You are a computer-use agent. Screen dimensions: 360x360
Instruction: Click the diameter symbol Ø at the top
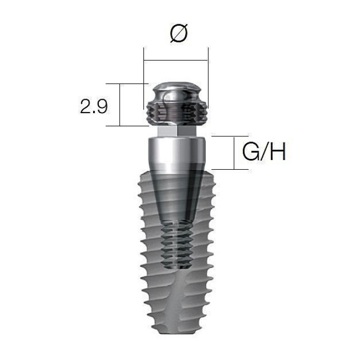178,33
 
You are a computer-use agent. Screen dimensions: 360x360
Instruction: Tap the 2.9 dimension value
94,106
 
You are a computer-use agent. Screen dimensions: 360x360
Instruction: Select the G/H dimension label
264,152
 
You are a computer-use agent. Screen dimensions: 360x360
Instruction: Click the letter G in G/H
250,152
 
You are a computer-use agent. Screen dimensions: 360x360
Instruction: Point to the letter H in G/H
278,152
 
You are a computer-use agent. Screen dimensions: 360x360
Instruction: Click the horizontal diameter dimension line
176,60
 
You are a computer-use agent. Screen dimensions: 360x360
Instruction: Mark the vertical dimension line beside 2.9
120,105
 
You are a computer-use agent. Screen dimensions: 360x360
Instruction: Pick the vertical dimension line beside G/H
234,153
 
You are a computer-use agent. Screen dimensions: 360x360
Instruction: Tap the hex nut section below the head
176,132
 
